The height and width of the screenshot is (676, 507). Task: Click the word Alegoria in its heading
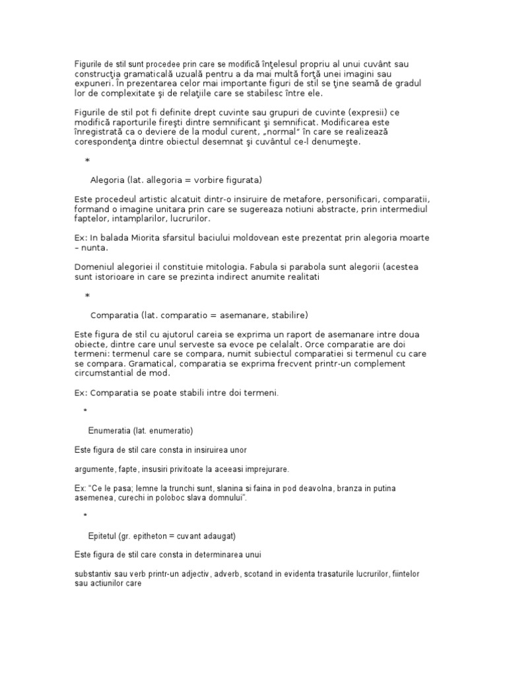point(106,180)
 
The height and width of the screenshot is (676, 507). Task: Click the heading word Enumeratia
point(109,431)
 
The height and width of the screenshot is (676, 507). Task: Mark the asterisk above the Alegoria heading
point(88,161)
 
